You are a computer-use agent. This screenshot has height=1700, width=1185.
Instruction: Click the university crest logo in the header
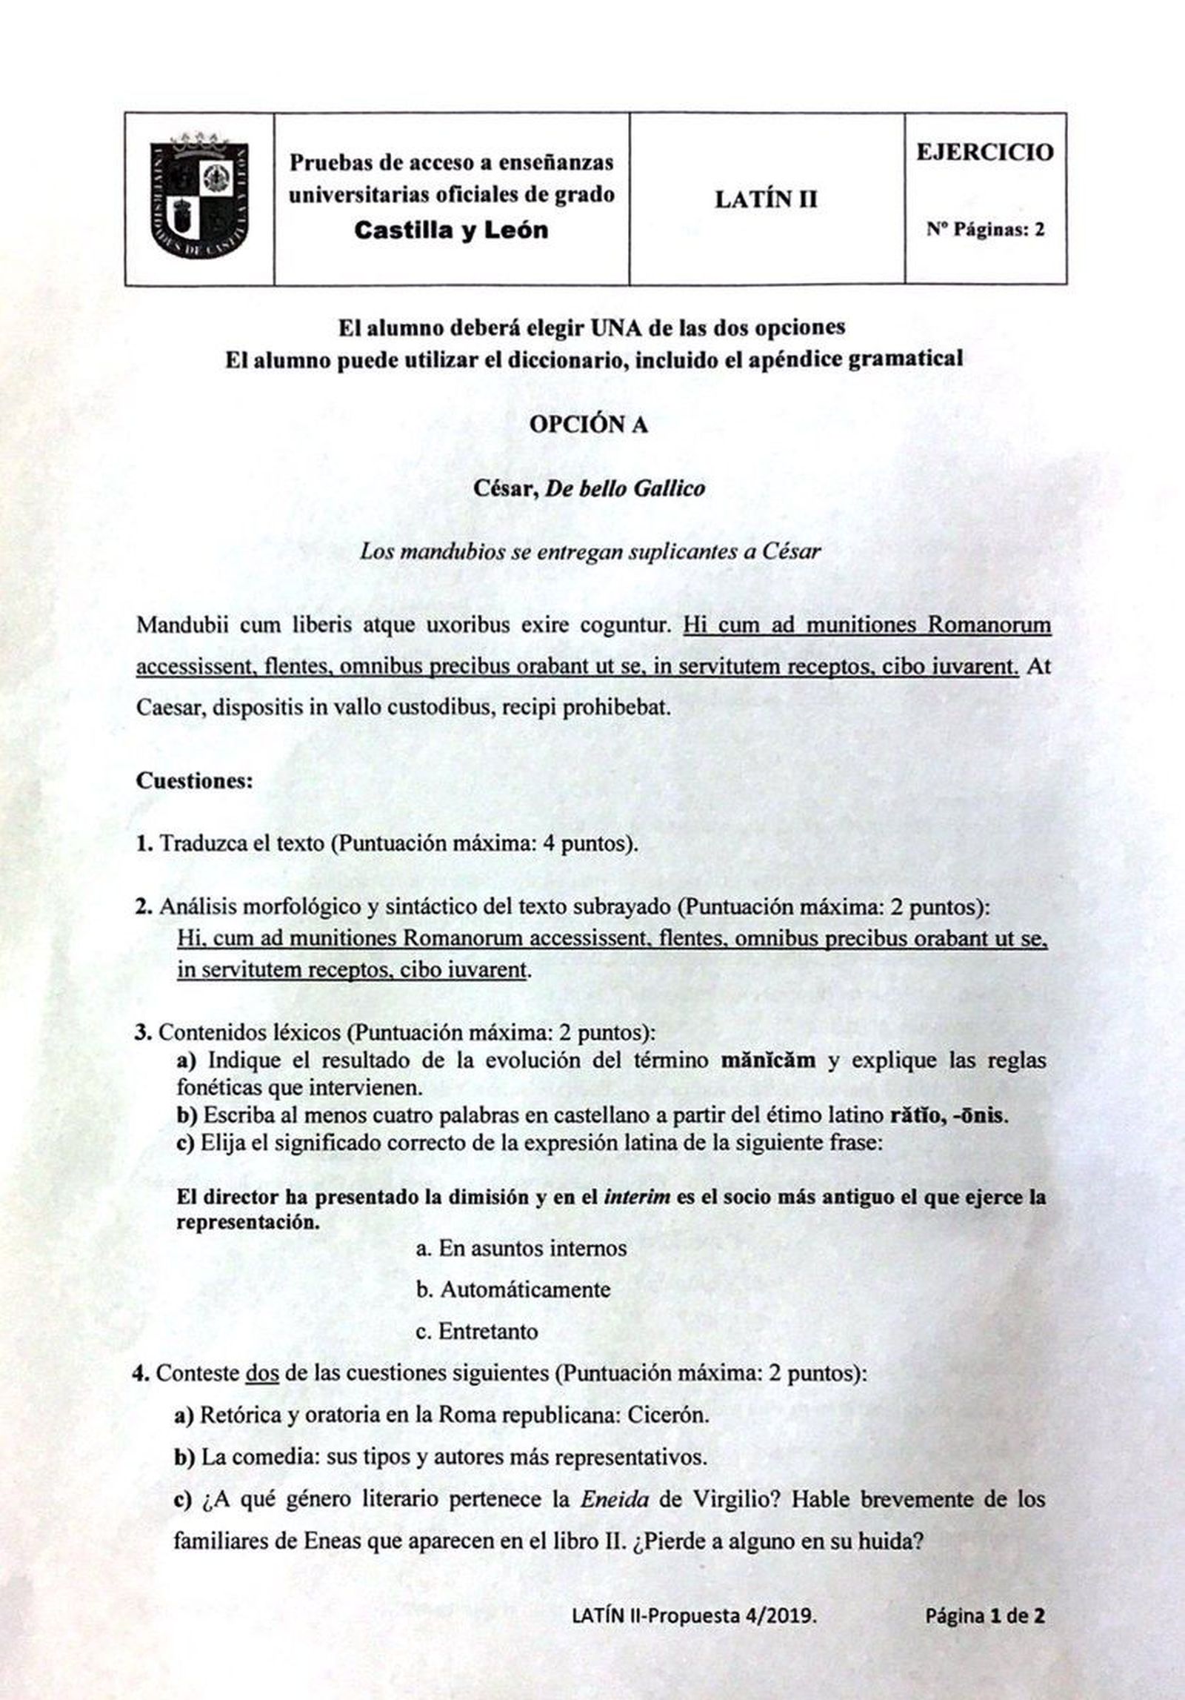point(200,198)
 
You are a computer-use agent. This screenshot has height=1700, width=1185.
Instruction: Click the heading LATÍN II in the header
point(766,199)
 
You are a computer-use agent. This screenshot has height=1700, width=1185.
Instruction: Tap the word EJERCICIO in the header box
point(984,153)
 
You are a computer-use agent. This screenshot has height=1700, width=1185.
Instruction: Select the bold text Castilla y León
point(452,230)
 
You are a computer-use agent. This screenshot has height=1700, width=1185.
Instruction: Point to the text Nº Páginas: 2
point(985,230)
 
